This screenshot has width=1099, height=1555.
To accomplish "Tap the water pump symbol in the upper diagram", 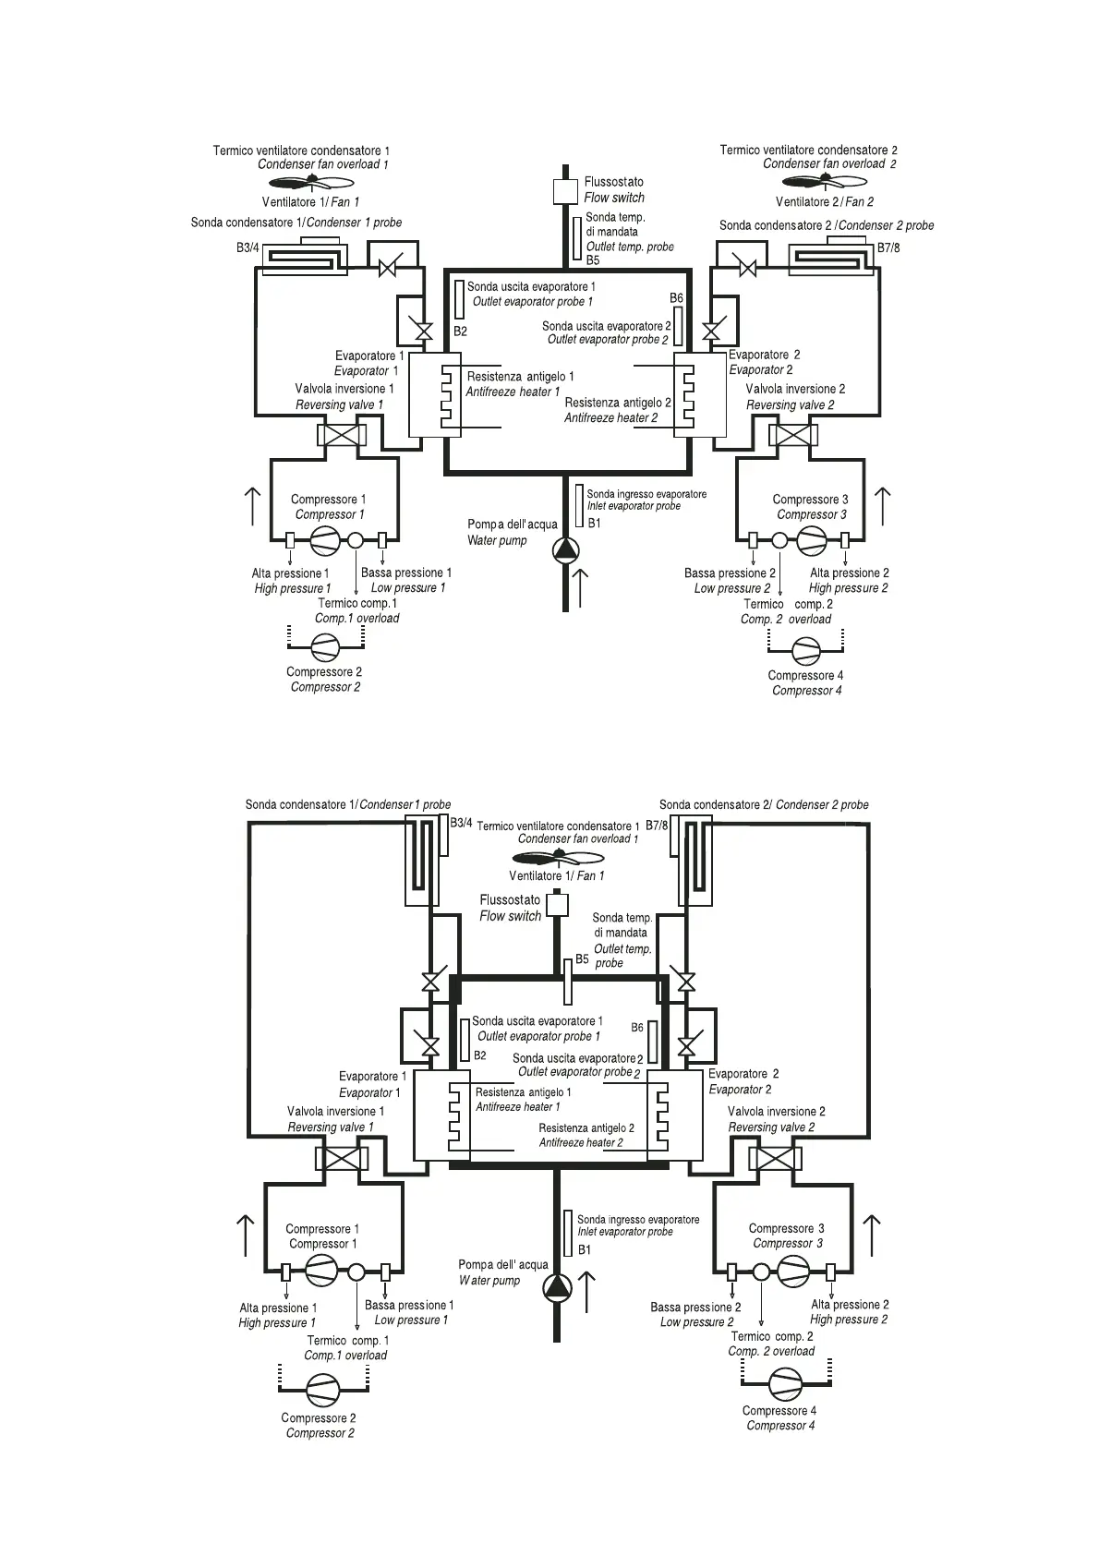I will (x=566, y=550).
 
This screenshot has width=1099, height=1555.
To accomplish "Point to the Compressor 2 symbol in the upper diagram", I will (x=324, y=645).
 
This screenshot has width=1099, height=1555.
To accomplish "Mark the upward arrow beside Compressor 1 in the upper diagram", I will (x=252, y=506).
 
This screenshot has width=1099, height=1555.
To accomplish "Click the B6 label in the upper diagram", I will (x=676, y=298).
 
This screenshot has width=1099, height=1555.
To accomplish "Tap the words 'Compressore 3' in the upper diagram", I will (x=810, y=500).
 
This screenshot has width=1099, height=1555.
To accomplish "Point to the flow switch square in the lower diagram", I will (x=557, y=904).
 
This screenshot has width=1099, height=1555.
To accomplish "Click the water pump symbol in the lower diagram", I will (x=557, y=1287).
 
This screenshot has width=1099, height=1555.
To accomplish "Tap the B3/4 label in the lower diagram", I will (x=461, y=823).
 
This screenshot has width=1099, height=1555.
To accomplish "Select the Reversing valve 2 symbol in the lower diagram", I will (x=773, y=1158).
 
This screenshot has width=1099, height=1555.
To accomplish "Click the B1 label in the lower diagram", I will (x=585, y=1250).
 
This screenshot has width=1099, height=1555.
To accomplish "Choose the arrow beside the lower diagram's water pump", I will (x=587, y=1284).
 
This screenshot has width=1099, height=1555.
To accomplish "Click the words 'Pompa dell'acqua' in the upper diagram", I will (x=512, y=524).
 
